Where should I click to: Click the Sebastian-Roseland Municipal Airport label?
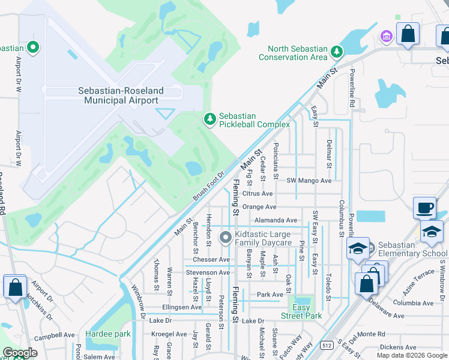point(121,96)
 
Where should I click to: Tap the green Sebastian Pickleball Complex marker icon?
point(209,120)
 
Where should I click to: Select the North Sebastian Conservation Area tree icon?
point(337,52)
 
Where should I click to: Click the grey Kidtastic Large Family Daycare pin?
point(226,238)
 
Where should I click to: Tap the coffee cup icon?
point(424,208)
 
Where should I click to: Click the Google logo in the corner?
point(20,353)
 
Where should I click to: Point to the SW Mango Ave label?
point(309,181)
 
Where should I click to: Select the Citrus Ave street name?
point(258,194)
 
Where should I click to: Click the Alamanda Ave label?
point(276,220)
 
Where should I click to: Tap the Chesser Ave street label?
point(215,260)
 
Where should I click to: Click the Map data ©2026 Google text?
point(411,355)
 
